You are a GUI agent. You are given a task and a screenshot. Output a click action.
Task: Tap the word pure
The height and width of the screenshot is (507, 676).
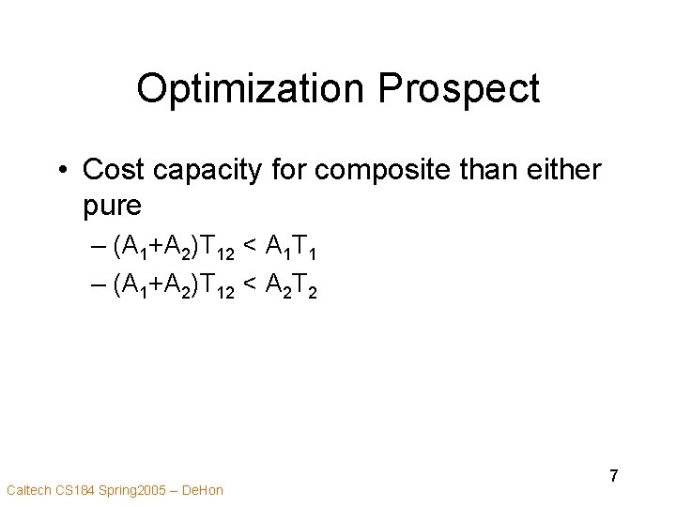point(113,205)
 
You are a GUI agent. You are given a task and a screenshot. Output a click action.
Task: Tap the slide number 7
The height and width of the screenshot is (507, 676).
point(614,476)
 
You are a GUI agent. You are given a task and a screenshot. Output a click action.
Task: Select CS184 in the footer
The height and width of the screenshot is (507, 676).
point(75,490)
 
